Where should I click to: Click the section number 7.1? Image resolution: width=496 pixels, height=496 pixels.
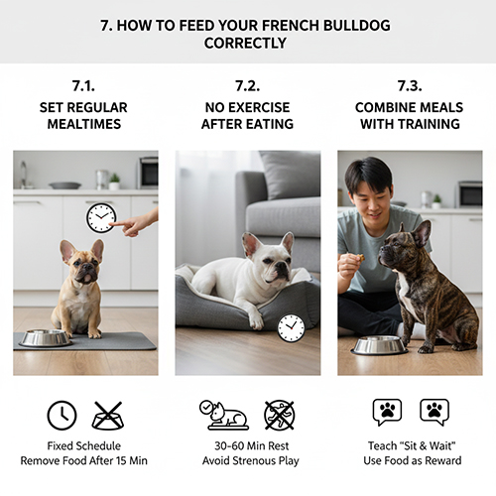point(83,86)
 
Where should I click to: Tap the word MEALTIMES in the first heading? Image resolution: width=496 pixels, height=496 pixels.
point(84,124)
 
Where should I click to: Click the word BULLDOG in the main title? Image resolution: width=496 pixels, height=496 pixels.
point(356,26)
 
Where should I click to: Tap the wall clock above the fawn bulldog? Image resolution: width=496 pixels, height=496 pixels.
point(101,218)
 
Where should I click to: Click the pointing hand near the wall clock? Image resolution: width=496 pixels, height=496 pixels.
point(136,223)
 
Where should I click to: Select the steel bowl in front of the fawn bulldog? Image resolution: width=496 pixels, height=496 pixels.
point(46,337)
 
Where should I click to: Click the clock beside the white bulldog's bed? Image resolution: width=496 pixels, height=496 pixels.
point(291,328)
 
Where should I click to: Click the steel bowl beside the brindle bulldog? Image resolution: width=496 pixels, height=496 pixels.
point(379,345)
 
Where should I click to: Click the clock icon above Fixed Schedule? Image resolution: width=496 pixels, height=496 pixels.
point(62,416)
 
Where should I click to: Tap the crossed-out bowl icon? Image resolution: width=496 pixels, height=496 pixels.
point(108,416)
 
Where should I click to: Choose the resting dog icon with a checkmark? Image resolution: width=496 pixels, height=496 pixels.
point(224,416)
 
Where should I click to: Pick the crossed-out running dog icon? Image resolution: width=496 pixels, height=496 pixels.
point(280,416)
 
